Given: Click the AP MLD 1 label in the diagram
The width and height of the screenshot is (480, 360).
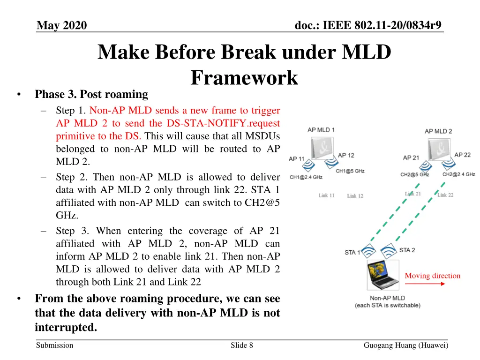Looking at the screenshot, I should coord(321,129).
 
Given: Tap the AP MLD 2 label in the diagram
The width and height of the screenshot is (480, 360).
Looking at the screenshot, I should coord(438,131).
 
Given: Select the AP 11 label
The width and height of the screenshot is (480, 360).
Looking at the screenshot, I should coord(296,159).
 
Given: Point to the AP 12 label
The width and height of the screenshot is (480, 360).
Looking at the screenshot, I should coord(346,155).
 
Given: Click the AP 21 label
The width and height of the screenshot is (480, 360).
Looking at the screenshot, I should coord(411,157).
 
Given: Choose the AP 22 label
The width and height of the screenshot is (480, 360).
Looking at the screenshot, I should coord(462,155).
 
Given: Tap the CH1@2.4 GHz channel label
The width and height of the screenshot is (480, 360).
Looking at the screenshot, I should coord(306,177).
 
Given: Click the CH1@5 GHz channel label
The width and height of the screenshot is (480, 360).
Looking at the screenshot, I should coord(350,171).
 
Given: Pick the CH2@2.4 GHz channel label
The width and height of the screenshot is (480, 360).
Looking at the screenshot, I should coord(458,174).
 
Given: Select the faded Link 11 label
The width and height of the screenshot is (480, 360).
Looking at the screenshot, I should coord(326,195).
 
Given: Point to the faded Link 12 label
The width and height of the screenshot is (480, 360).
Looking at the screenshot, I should coord(355,195).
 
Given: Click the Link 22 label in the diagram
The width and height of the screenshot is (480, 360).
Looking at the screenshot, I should coord(445,195).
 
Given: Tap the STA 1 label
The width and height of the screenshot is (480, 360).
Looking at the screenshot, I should coord(352,252).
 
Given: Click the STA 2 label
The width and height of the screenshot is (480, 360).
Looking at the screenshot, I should coord(407,250).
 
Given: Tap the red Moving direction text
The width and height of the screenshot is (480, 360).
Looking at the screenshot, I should coord(432,276).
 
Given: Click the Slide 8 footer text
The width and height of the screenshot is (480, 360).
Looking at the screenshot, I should coord(242,345).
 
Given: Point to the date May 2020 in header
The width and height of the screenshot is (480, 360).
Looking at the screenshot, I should coord(62,25).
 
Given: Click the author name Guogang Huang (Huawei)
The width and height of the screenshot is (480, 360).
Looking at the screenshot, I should coord(406,345).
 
